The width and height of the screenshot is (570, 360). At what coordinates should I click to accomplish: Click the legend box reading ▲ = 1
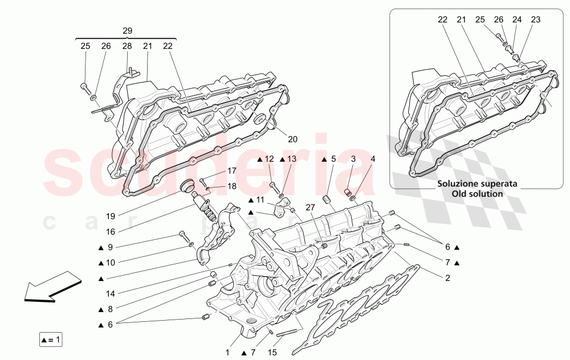coord(50,340)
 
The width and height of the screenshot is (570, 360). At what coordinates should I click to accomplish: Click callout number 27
coord(310,207)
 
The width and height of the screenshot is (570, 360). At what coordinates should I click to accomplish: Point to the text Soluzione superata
coord(477,184)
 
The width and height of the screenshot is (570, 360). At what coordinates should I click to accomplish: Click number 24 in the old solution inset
coord(516,19)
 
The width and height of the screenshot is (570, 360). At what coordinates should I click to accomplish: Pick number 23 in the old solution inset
coord(535,19)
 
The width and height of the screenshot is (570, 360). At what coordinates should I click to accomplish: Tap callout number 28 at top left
coord(127,46)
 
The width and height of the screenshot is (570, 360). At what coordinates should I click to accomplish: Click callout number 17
coord(232,170)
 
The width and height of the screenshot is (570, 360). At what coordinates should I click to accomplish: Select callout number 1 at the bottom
coord(227,353)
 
